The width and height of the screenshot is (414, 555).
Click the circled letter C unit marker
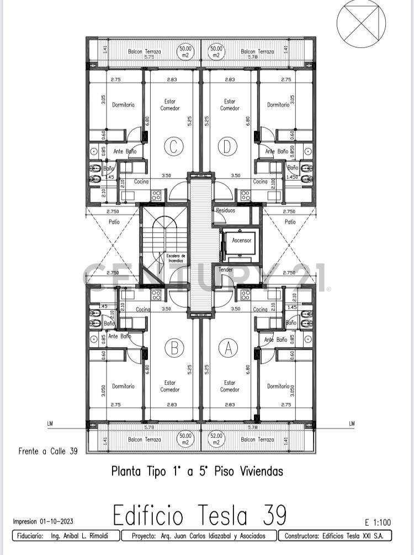point(173,146)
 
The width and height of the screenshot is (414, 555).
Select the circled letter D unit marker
point(227,146)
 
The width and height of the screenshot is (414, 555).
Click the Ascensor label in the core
point(241,240)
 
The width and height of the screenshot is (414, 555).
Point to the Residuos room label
point(225,210)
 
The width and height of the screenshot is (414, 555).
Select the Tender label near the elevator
point(226,269)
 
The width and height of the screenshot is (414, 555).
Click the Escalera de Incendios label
point(176,258)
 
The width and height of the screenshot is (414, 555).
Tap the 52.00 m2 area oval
point(217,439)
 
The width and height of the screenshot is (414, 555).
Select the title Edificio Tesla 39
point(200,516)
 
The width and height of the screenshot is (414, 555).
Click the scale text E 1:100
point(378,521)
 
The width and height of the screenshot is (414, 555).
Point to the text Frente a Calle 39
point(48,451)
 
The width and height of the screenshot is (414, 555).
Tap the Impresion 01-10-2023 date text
point(43,521)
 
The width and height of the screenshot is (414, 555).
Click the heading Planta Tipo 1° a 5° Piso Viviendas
point(197,471)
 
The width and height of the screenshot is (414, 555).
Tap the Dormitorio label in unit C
point(123,104)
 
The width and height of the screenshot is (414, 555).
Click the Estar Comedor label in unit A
point(230,385)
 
